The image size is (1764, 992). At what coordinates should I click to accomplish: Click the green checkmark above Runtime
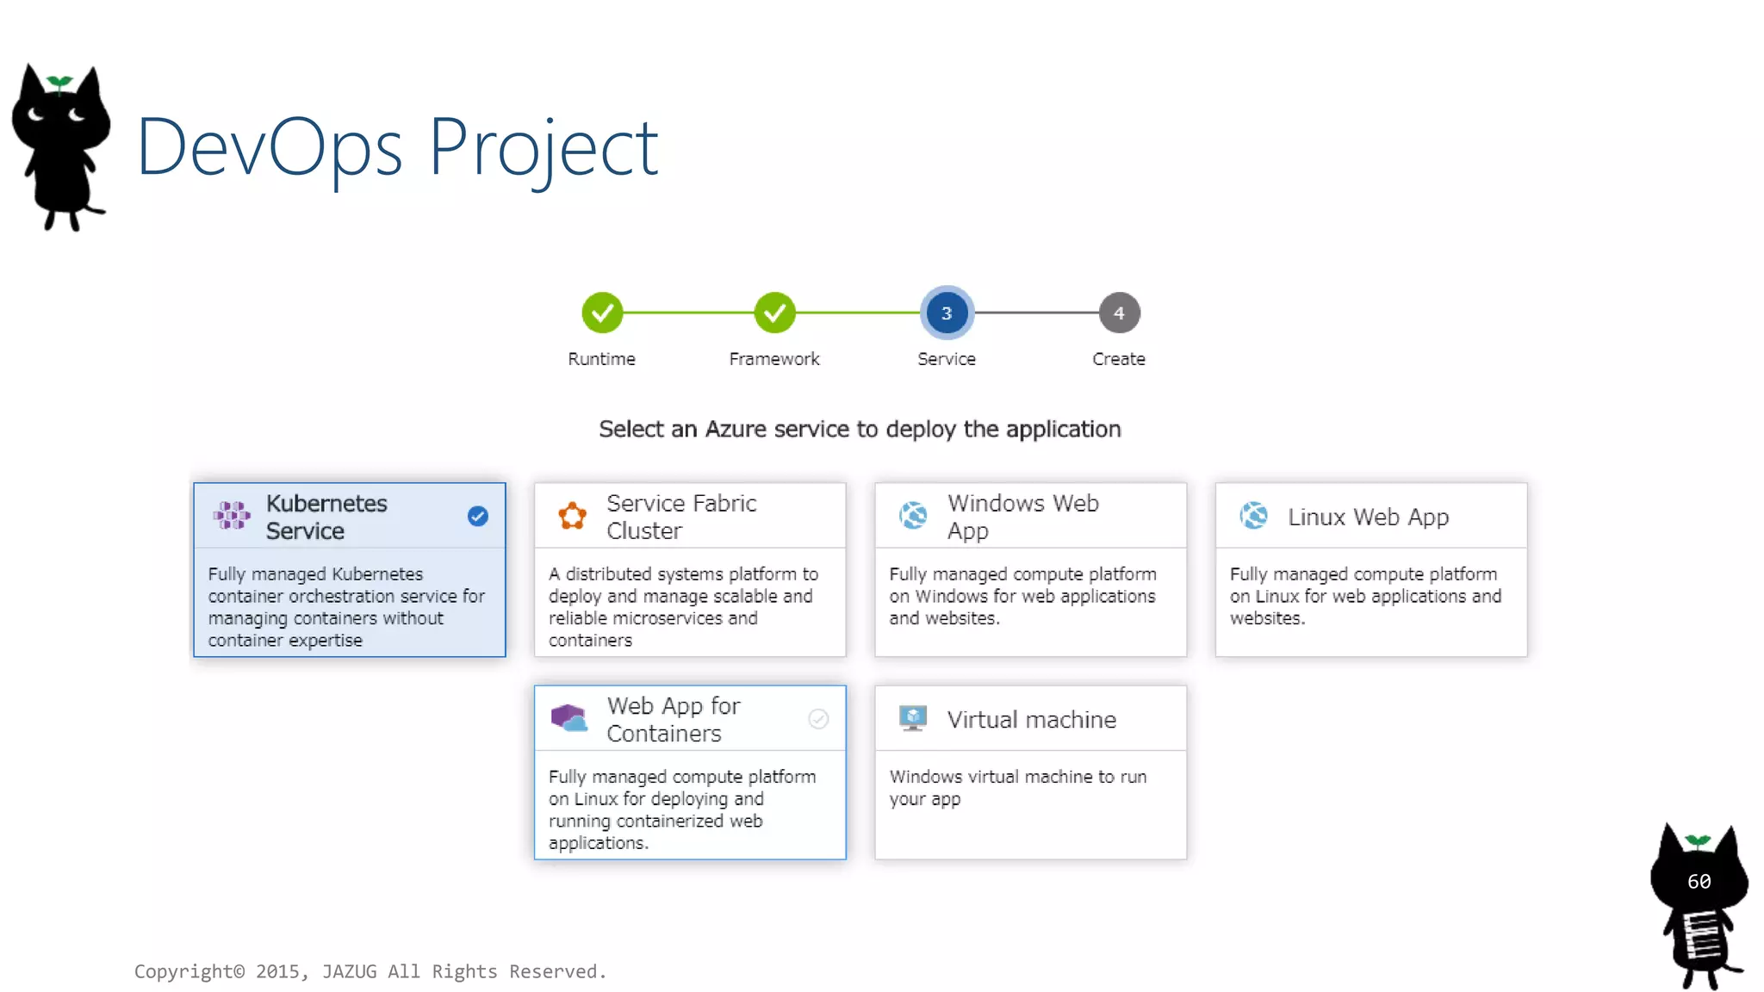coord(602,313)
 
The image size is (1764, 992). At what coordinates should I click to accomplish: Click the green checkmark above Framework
coord(774,313)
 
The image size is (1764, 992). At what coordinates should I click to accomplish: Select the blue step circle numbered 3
coord(947,313)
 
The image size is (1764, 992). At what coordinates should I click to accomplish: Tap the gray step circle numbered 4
coord(1119,313)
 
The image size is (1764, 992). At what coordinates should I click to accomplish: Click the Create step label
coord(1119,359)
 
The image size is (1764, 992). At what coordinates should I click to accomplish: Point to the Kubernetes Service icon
coord(232,516)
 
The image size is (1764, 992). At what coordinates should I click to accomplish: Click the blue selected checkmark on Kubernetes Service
coord(478,516)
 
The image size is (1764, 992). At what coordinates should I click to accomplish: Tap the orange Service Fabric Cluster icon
coord(572,516)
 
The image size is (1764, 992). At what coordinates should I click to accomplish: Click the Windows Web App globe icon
coord(913,516)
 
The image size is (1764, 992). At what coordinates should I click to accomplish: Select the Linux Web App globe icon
coord(1253,516)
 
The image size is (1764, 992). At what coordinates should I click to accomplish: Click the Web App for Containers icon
coord(569,718)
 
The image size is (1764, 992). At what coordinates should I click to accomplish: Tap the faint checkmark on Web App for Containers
coord(818,718)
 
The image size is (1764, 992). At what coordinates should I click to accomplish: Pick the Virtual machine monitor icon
coord(912,718)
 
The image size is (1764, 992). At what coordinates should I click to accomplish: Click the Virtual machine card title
coord(1032,719)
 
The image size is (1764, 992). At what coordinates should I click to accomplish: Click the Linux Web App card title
coord(1368,517)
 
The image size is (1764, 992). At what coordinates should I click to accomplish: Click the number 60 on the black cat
coord(1699,881)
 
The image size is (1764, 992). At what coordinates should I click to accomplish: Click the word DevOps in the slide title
coord(269,148)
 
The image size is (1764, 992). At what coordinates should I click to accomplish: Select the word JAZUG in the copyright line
coord(349,971)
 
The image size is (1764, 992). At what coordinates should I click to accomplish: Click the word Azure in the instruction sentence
coord(736,429)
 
